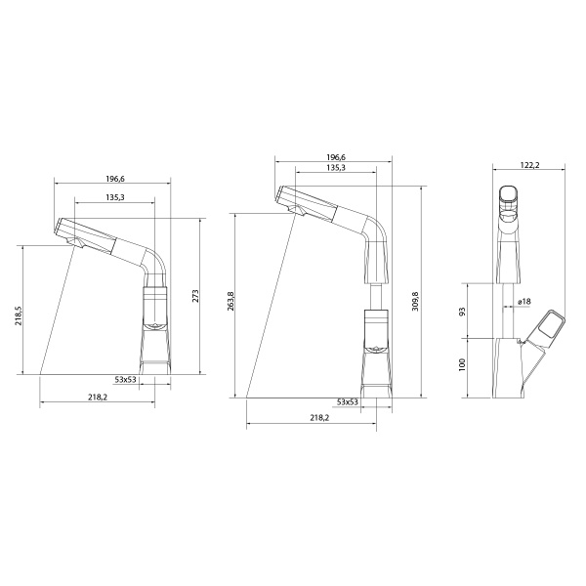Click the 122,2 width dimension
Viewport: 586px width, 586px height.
click(x=529, y=166)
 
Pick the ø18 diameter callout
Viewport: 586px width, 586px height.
click(x=523, y=302)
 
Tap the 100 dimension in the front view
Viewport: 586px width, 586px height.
click(x=462, y=366)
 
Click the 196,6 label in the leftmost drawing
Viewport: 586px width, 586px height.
click(x=114, y=179)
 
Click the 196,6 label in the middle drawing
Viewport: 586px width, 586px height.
click(x=335, y=156)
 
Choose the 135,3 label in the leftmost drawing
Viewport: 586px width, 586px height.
click(x=113, y=197)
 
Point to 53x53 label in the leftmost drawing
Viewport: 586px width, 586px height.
click(x=126, y=378)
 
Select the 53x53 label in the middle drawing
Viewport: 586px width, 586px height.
click(x=347, y=401)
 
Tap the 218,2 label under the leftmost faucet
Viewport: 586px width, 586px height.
click(x=98, y=398)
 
